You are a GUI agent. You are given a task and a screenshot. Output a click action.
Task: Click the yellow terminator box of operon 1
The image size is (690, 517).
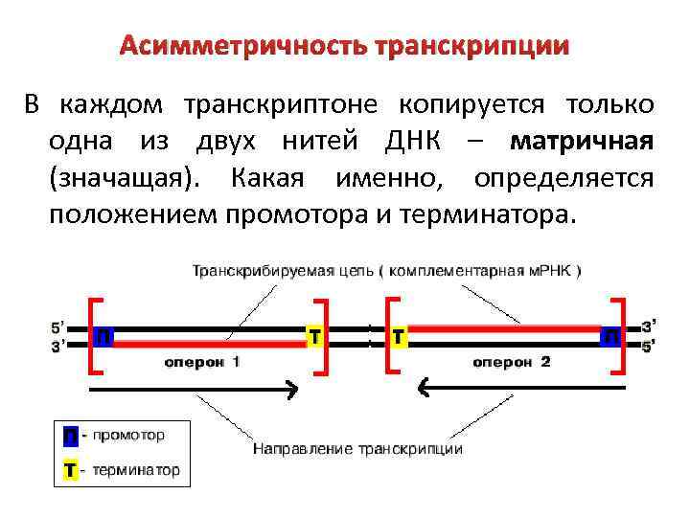pos(313,336)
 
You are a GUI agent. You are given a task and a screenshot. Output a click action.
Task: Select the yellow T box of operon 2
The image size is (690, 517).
pos(400,336)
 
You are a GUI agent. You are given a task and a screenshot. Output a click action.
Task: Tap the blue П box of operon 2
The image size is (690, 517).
pos(610,337)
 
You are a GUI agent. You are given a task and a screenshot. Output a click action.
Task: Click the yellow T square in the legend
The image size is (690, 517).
pos(70,470)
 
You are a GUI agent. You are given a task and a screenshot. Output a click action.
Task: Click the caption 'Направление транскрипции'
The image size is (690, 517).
pos(357,448)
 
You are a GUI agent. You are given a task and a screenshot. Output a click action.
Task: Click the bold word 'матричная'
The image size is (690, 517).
pos(583,143)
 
